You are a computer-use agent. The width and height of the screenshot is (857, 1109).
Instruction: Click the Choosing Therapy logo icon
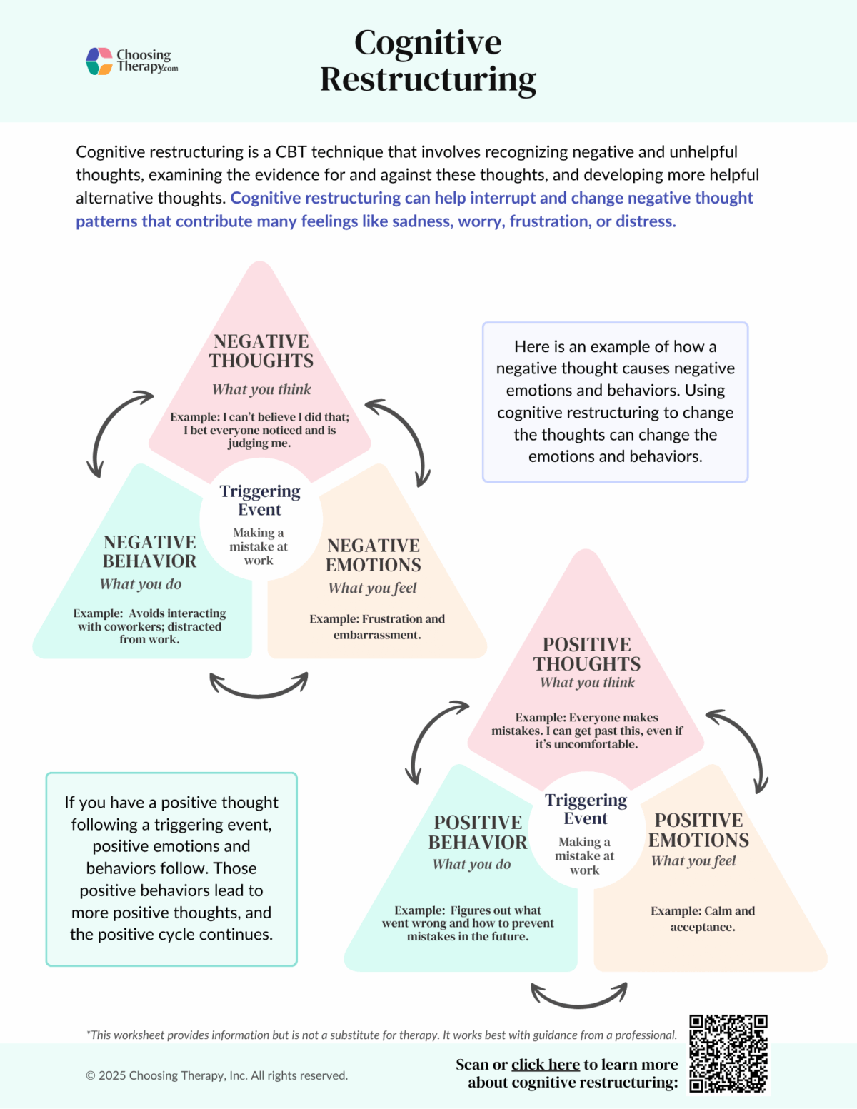click(99, 61)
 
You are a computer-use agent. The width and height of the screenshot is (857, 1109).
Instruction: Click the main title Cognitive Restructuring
click(428, 61)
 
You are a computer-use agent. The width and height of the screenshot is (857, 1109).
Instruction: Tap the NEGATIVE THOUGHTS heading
click(261, 351)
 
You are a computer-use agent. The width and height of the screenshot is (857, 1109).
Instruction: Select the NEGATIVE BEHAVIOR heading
click(149, 552)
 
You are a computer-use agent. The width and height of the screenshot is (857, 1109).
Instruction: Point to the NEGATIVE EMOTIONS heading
click(373, 556)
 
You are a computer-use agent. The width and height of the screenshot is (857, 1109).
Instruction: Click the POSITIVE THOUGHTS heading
click(586, 654)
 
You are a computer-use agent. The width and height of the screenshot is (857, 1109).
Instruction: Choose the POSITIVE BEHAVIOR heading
click(478, 833)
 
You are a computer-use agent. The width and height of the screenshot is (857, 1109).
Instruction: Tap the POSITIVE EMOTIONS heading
click(698, 831)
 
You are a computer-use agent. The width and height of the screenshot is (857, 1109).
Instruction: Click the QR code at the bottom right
click(728, 1053)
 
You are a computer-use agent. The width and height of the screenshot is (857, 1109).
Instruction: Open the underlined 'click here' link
click(545, 1065)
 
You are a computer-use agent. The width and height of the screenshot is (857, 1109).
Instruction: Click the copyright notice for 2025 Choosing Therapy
click(216, 1075)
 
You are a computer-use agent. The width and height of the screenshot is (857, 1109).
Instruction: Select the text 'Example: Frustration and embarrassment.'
click(377, 627)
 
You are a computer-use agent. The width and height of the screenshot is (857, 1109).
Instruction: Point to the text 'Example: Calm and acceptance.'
click(703, 919)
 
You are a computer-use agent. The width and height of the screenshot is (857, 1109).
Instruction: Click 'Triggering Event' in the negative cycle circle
click(260, 500)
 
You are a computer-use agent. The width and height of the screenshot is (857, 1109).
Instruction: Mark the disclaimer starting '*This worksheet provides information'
click(381, 1035)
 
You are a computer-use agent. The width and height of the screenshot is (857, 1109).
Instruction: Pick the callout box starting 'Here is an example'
click(615, 401)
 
